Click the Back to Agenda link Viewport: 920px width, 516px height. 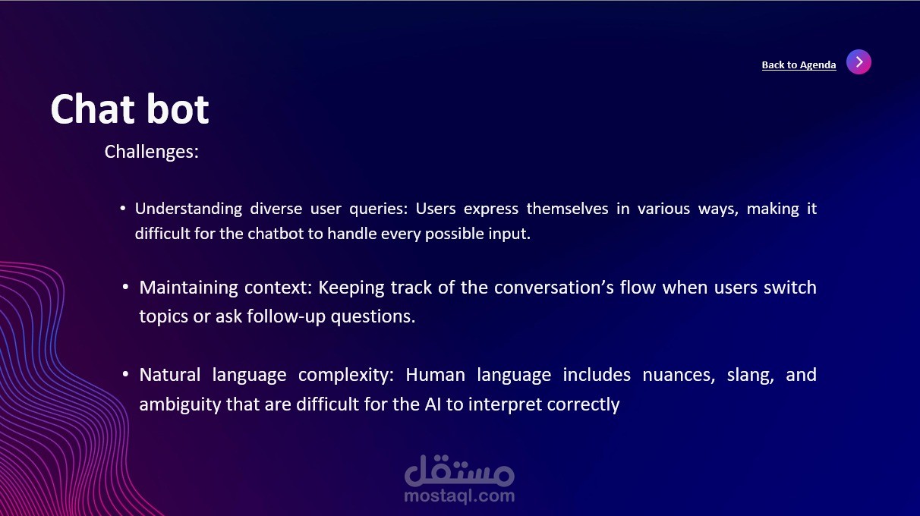[799, 64]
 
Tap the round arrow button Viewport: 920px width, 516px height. [859, 62]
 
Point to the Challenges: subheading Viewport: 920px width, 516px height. [152, 152]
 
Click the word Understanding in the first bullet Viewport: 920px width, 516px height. [188, 209]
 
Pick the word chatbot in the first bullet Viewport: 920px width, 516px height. [276, 234]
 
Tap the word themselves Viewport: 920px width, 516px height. [567, 209]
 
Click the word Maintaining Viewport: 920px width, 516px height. [188, 288]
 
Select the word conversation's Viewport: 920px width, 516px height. [554, 288]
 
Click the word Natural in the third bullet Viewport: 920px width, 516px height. [170, 375]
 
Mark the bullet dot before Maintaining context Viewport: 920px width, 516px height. [126, 287]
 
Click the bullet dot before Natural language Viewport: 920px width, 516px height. [126, 374]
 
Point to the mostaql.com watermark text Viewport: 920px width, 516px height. [459, 496]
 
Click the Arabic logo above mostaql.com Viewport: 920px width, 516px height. [459, 470]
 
